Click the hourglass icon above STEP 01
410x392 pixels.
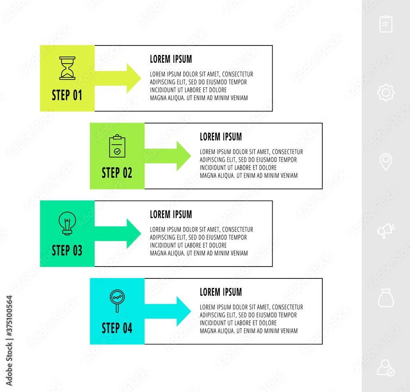[x=67, y=68]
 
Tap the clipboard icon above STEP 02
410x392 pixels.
[x=117, y=146]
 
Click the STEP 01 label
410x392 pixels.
[x=67, y=95]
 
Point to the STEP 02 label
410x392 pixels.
[x=117, y=173]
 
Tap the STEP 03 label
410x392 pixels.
[x=67, y=250]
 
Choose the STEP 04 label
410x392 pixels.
[x=117, y=328]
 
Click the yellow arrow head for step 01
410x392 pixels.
[x=134, y=78]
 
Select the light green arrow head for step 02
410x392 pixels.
[x=184, y=156]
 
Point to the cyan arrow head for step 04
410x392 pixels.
[x=184, y=311]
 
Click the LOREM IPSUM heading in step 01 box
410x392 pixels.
[x=171, y=59]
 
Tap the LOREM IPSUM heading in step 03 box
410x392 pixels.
[x=171, y=214]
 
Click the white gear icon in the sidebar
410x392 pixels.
[x=386, y=92]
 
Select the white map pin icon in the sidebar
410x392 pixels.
[x=386, y=162]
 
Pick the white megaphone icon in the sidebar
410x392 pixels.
[x=386, y=231]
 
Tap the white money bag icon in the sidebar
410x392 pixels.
[x=386, y=298]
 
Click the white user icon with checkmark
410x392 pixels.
[x=386, y=368]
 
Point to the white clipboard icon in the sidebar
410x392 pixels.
[x=386, y=24]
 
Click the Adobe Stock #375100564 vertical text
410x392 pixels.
[x=9, y=340]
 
